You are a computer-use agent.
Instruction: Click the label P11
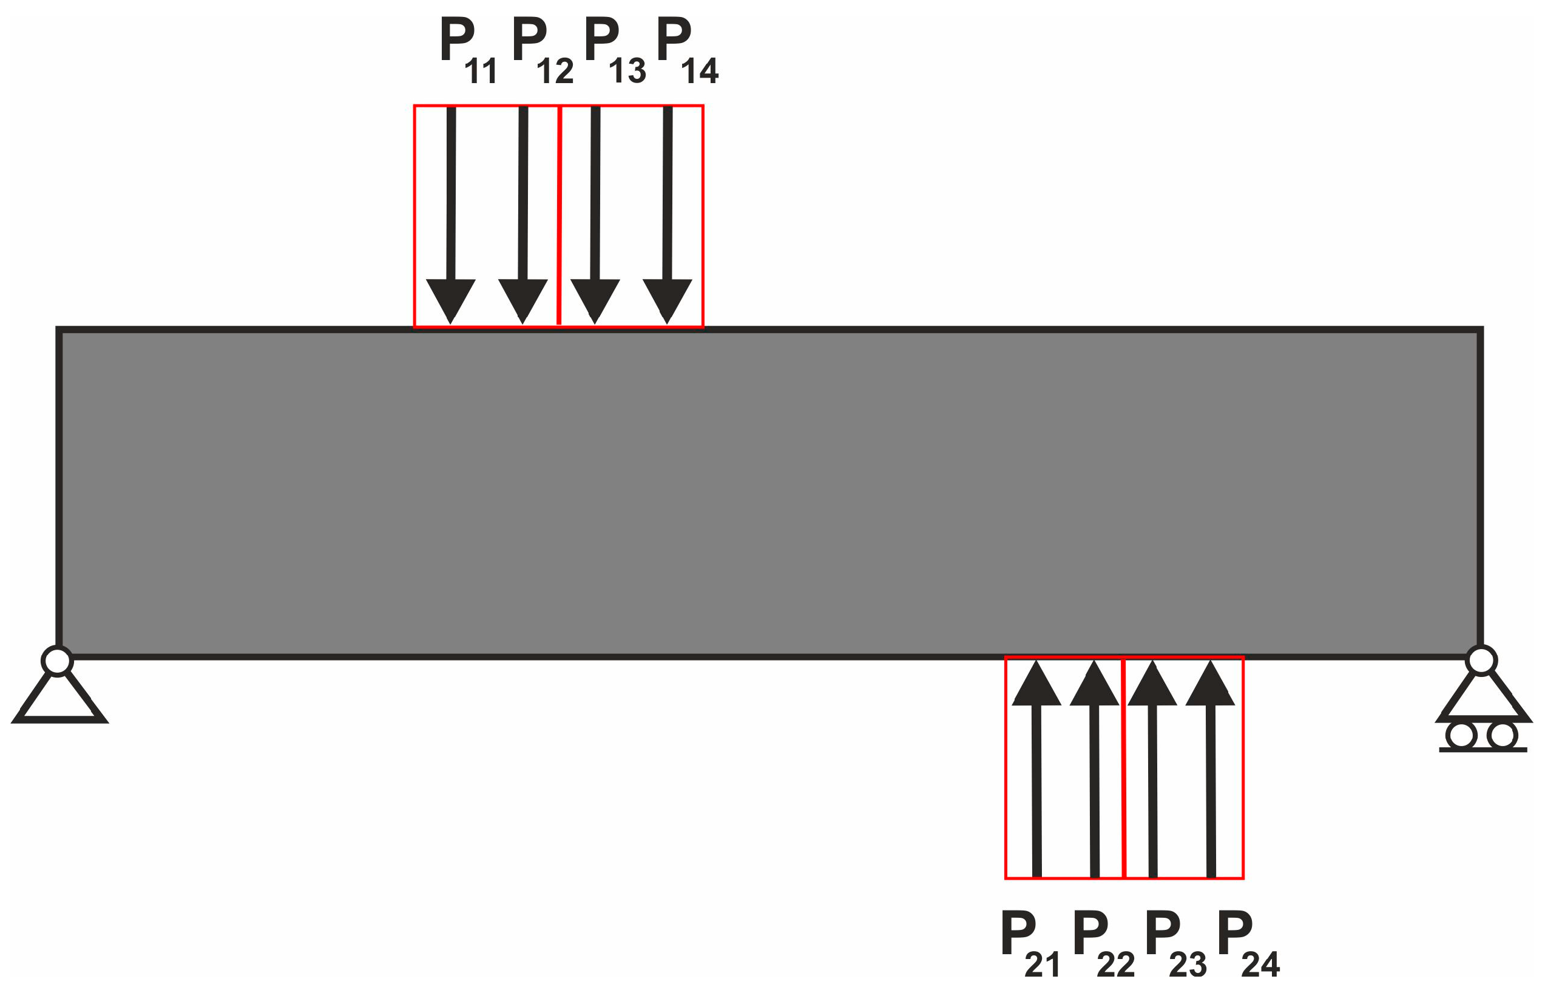[466, 50]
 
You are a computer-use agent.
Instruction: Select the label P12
[541, 50]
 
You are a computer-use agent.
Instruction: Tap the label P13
[613, 50]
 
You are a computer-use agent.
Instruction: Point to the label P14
[685, 50]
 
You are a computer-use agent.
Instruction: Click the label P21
[1028, 943]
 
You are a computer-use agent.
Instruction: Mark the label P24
[1246, 943]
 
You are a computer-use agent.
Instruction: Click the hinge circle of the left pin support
[57, 662]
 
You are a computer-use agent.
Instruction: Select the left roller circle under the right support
[1461, 736]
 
